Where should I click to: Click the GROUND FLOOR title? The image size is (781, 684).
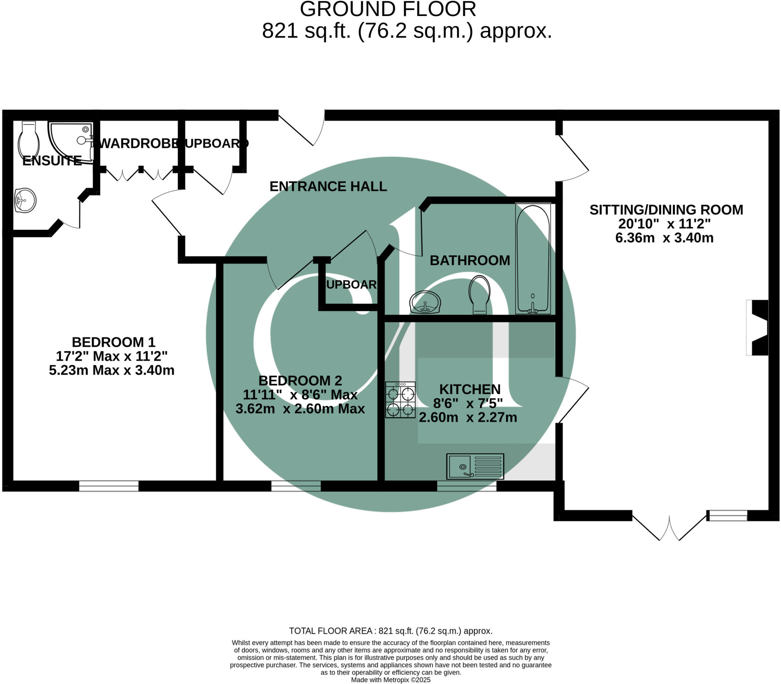pyautogui.click(x=388, y=9)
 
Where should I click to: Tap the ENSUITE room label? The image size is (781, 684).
pyautogui.click(x=52, y=161)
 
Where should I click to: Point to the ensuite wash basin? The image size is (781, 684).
pyautogui.click(x=25, y=200)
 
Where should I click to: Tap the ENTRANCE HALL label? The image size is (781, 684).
pyautogui.click(x=328, y=186)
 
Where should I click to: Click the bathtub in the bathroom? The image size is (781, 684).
pyautogui.click(x=533, y=259)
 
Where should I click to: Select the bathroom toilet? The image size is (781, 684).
pyautogui.click(x=480, y=294)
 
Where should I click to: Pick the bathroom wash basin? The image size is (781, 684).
pyautogui.click(x=425, y=303)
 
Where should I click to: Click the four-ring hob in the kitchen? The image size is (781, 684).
pyautogui.click(x=400, y=400)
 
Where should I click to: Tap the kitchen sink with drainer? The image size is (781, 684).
pyautogui.click(x=475, y=466)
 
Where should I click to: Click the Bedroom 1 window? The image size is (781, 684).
pyautogui.click(x=109, y=486)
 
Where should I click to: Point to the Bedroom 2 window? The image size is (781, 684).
pyautogui.click(x=296, y=486)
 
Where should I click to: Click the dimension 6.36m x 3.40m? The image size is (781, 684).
pyautogui.click(x=664, y=238)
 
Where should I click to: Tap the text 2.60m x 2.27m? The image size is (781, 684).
pyautogui.click(x=468, y=417)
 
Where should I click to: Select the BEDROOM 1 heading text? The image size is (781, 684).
pyautogui.click(x=113, y=341)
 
